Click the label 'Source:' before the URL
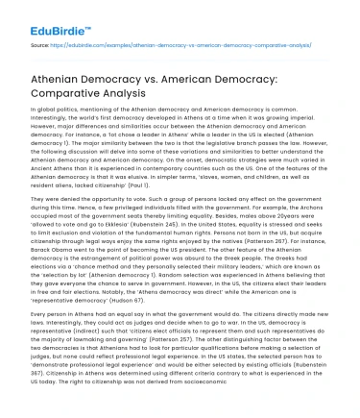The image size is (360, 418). [41, 44]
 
